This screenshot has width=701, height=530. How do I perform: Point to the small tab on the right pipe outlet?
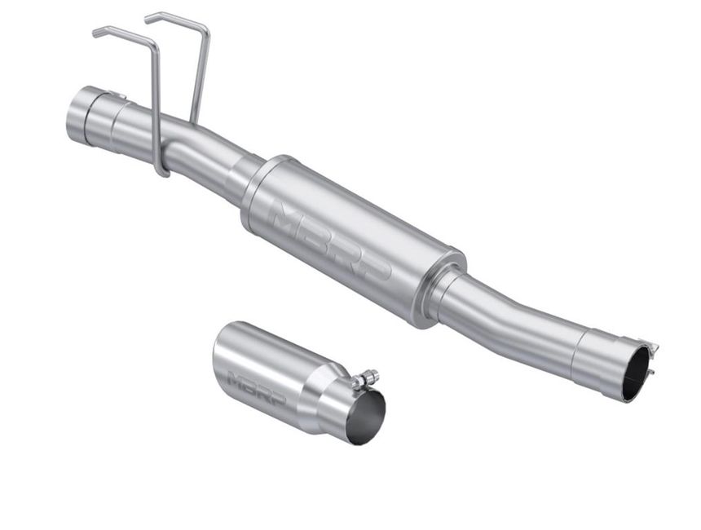652,347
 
